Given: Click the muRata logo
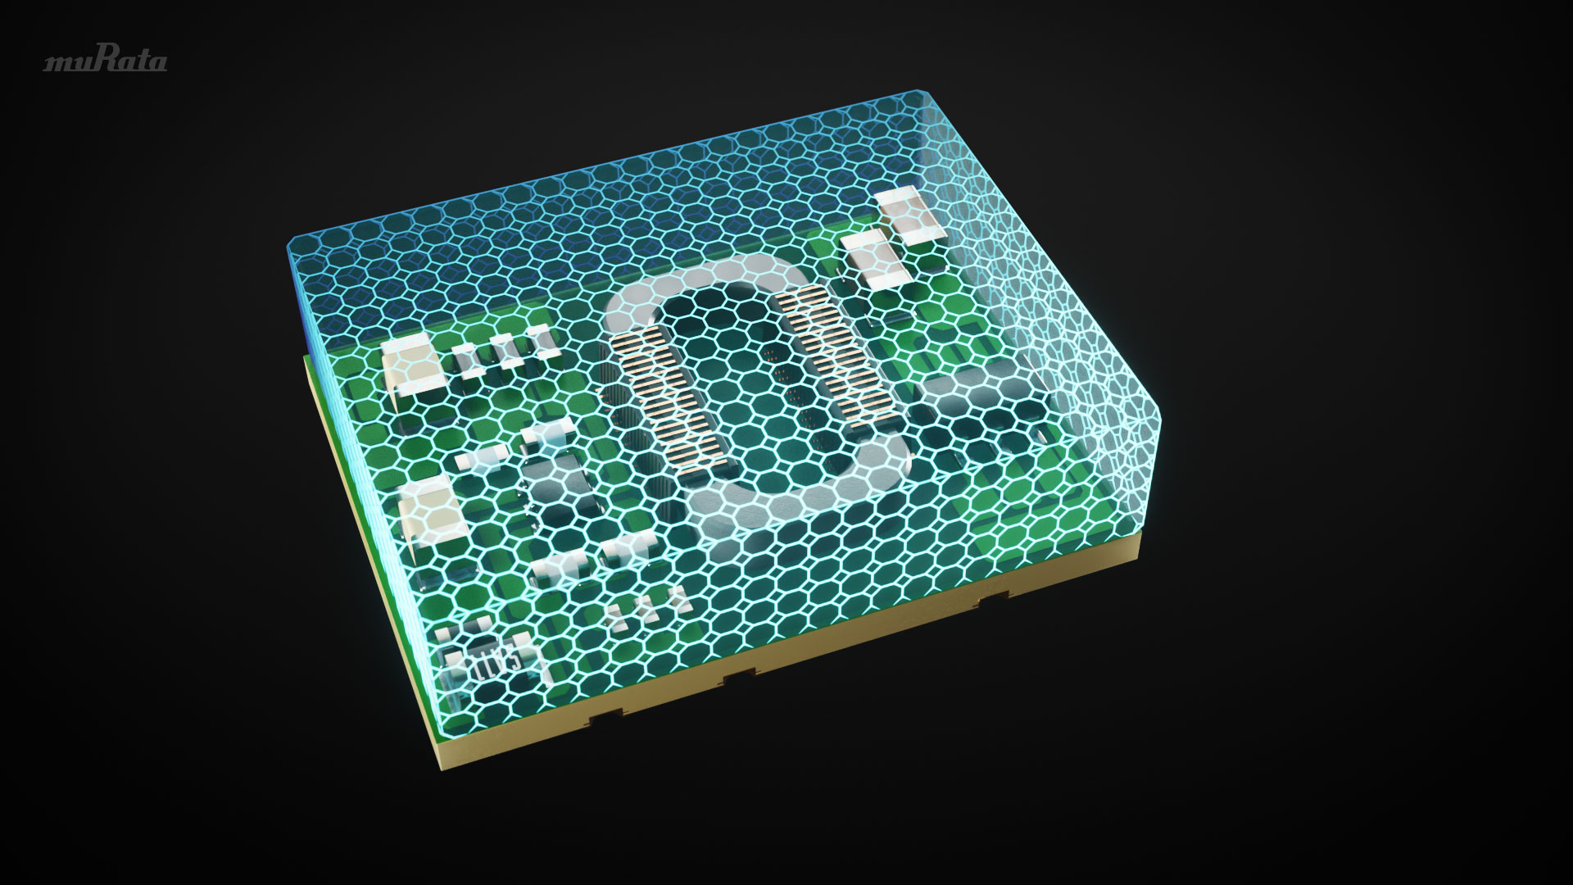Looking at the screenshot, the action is coord(106,61).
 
